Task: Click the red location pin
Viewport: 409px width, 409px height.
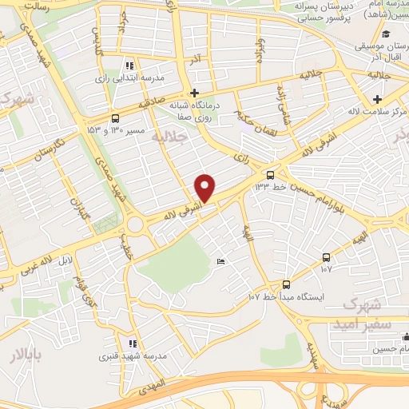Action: tap(205, 187)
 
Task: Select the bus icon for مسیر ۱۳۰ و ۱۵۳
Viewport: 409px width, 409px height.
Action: tap(116, 117)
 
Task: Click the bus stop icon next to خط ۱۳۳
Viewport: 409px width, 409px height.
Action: tap(270, 174)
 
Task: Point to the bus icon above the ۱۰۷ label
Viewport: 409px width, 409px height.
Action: tap(326, 257)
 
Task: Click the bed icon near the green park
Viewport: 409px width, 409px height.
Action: tap(221, 262)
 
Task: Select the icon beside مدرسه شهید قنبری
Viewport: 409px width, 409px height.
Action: tap(133, 343)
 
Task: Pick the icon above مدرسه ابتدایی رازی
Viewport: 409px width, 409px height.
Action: tap(129, 66)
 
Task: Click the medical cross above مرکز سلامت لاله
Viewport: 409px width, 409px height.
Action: tap(377, 99)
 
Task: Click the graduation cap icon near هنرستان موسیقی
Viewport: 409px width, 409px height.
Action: tap(386, 34)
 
